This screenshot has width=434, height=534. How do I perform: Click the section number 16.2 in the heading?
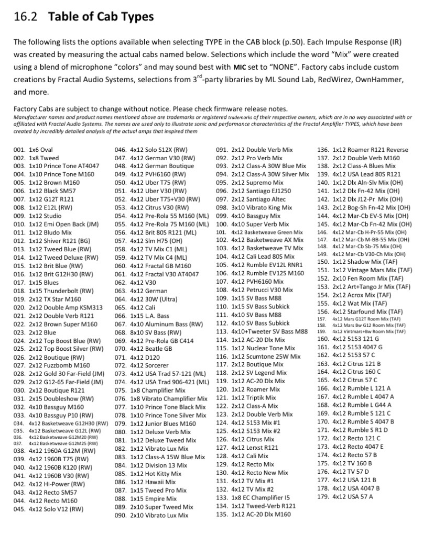click(x=26, y=16)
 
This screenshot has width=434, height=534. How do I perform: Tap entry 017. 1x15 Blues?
click(x=36, y=282)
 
